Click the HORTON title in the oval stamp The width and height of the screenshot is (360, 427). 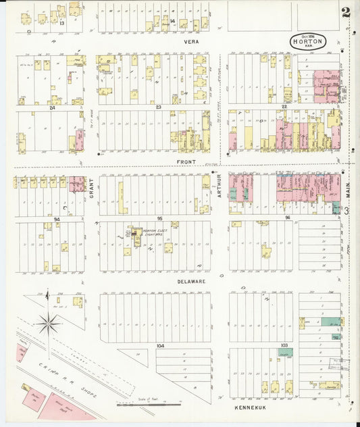pos(309,41)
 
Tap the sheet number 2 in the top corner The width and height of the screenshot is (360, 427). pos(346,11)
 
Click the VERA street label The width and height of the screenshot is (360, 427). pos(189,41)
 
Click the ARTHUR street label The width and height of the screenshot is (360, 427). pos(219,183)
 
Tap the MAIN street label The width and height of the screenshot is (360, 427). pos(349,190)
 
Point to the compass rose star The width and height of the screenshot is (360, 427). pos(48,324)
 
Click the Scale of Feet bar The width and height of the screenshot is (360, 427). pos(149,405)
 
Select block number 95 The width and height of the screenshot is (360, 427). pos(159,219)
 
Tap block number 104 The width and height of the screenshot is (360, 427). pos(160,345)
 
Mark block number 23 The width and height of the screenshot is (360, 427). pos(159,107)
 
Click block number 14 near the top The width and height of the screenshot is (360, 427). pos(172,22)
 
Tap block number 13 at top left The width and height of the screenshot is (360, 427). pos(61,22)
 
